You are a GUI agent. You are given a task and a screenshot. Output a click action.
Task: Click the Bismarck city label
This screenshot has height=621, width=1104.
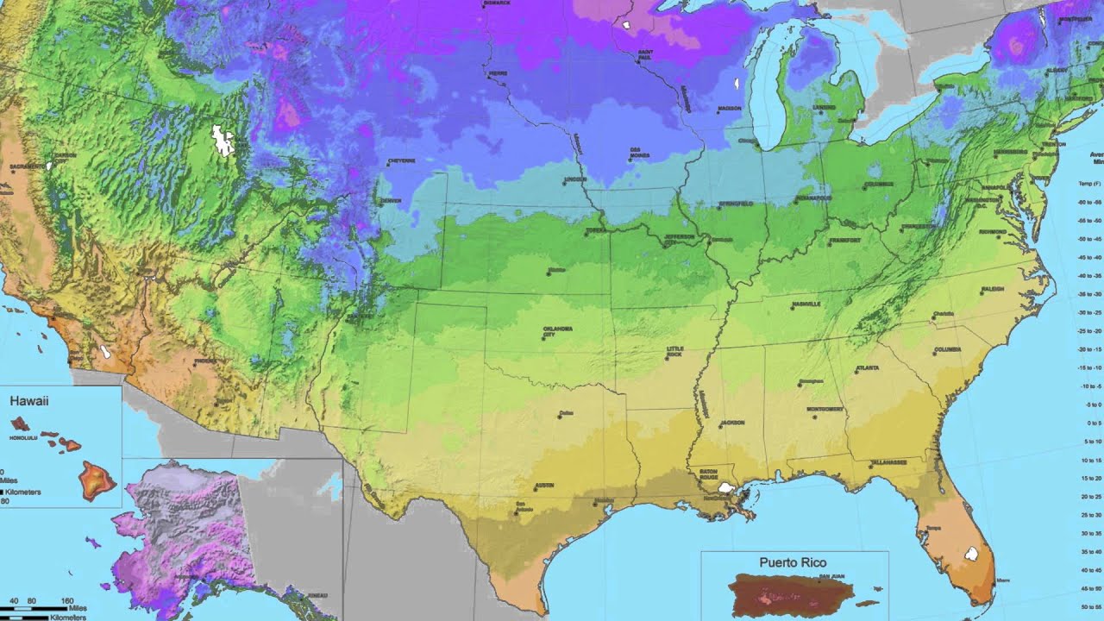click(498, 3)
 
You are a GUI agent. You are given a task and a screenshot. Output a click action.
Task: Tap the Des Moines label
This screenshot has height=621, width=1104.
click(636, 153)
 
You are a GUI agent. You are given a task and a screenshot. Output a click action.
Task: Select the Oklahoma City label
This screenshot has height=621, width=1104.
click(557, 332)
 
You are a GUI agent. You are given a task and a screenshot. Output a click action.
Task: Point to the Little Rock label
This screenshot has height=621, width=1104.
click(674, 352)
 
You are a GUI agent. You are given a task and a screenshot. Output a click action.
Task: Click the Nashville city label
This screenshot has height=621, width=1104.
click(807, 304)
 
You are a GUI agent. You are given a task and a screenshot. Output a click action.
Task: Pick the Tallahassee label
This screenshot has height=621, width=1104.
click(888, 462)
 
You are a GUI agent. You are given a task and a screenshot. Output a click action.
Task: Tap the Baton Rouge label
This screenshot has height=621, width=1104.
click(709, 474)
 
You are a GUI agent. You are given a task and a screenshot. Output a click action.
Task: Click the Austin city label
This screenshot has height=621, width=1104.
click(544, 486)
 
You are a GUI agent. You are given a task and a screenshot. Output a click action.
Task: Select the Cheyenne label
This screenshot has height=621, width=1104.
click(402, 160)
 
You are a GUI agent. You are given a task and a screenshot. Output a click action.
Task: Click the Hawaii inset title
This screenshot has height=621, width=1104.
click(28, 401)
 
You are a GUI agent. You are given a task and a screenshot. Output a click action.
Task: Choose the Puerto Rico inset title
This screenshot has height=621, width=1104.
click(792, 562)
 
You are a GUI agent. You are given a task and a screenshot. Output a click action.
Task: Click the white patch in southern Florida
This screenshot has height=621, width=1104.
click(972, 553)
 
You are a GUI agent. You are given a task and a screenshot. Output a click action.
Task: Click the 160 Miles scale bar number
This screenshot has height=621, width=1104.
click(66, 600)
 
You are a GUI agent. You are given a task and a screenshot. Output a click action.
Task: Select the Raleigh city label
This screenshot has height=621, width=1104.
click(992, 289)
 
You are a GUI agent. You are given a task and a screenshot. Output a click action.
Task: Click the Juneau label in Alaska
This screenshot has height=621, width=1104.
click(317, 595)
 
